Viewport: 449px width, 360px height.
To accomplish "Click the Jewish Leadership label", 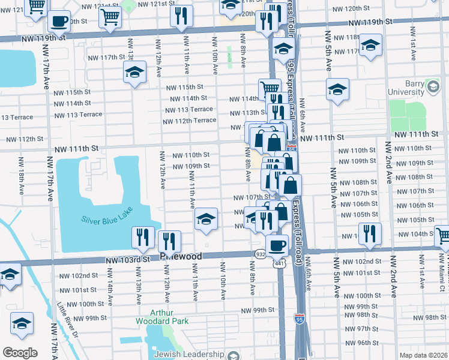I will (188, 354).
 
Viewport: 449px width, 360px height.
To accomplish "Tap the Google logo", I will (20, 353).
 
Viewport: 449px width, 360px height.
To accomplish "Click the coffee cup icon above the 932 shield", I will (277, 245).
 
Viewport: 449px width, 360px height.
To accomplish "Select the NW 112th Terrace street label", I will (189, 120).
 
